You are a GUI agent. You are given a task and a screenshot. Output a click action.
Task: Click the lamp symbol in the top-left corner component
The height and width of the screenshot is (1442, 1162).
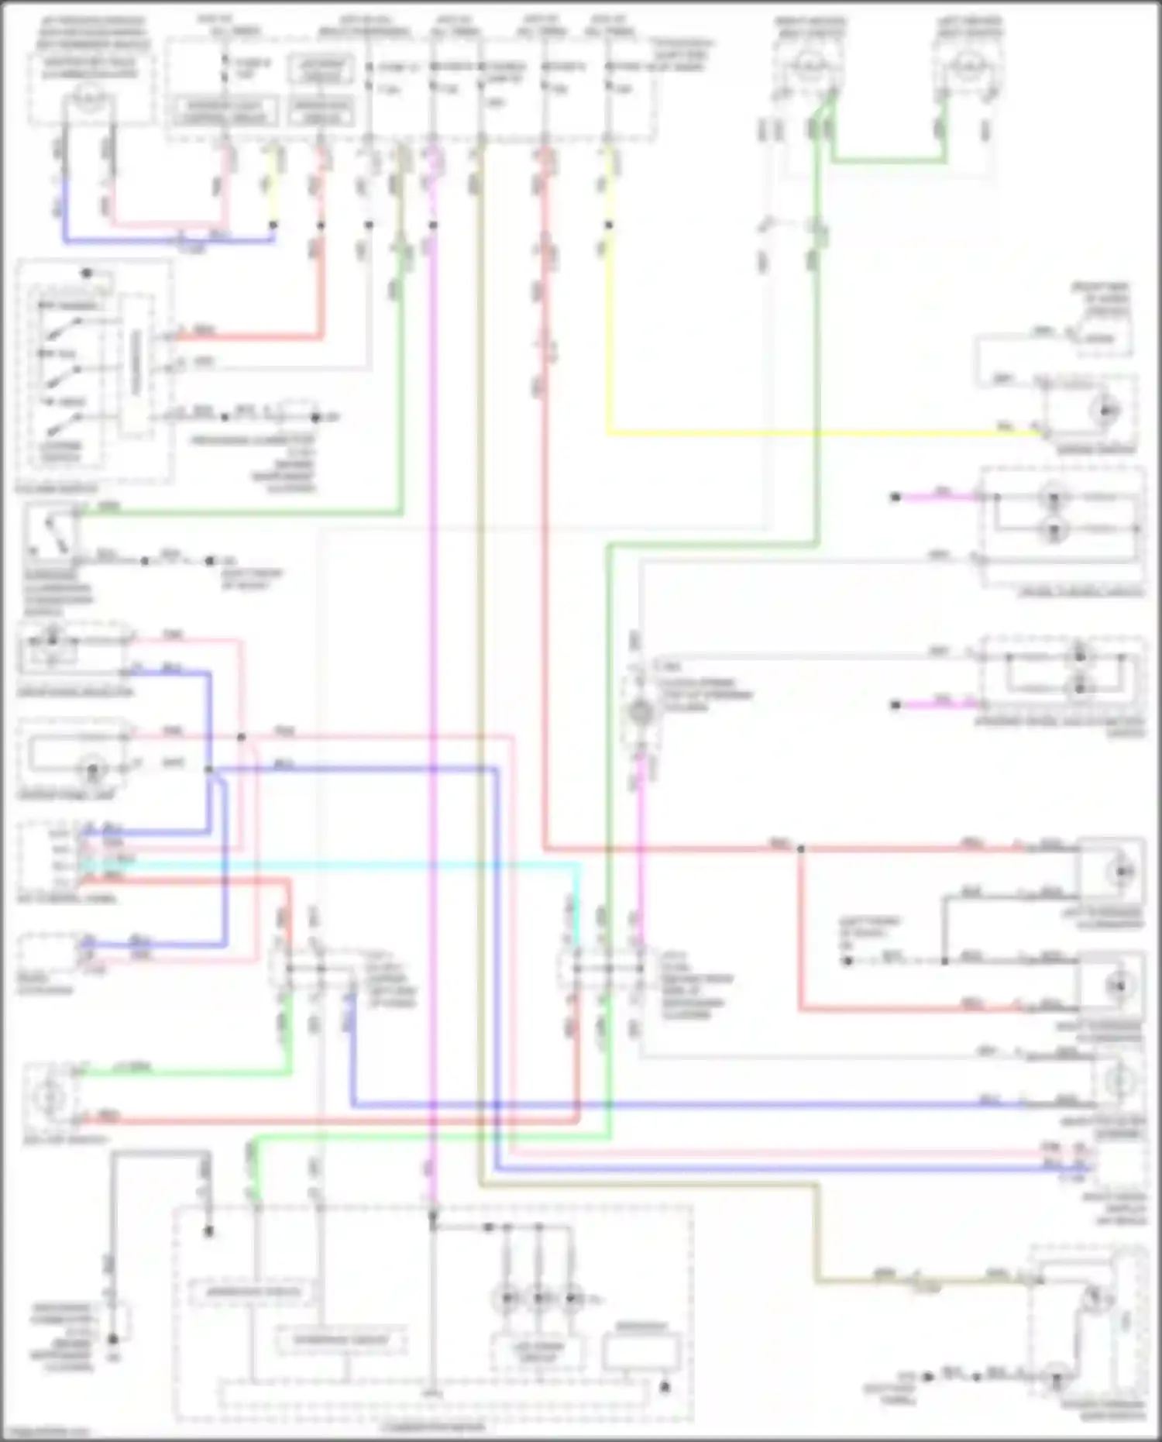click(x=91, y=97)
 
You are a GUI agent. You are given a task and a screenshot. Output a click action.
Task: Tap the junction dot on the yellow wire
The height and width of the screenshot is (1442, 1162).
click(x=609, y=225)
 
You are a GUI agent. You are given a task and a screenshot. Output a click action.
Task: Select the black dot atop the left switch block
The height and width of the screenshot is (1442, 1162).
click(x=87, y=274)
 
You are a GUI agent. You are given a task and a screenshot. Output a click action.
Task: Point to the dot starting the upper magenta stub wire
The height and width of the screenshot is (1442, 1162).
click(x=896, y=497)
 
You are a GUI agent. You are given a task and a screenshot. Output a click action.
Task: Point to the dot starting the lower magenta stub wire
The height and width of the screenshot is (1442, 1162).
click(x=896, y=704)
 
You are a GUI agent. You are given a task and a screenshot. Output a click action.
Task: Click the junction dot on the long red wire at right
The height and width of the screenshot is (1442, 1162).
click(x=801, y=849)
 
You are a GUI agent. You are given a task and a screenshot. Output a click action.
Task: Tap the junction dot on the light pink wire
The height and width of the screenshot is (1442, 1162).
click(x=242, y=737)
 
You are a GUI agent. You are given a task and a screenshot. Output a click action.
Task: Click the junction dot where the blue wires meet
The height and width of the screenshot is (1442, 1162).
click(x=209, y=769)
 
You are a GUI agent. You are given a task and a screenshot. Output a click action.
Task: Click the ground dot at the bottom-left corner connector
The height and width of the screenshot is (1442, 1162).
click(x=113, y=1340)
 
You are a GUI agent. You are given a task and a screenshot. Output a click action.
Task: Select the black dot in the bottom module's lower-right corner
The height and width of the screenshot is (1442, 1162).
click(x=665, y=1387)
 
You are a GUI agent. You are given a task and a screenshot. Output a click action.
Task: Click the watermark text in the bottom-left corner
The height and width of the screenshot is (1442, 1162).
click(x=45, y=1432)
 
